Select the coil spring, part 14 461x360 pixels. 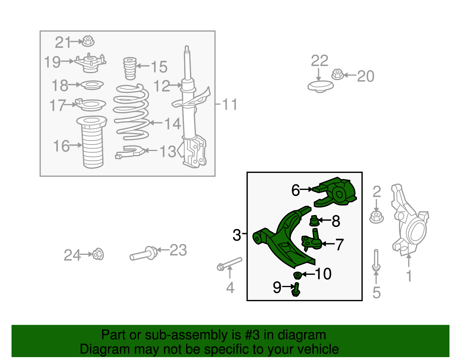click(131, 112)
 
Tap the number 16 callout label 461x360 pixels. click(61, 146)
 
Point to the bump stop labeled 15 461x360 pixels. click(130, 68)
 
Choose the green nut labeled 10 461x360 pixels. click(297, 275)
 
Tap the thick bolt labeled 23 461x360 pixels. click(144, 254)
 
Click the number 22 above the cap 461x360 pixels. click(320, 61)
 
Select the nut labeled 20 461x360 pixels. click(337, 74)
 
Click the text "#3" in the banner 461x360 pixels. click(252, 335)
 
